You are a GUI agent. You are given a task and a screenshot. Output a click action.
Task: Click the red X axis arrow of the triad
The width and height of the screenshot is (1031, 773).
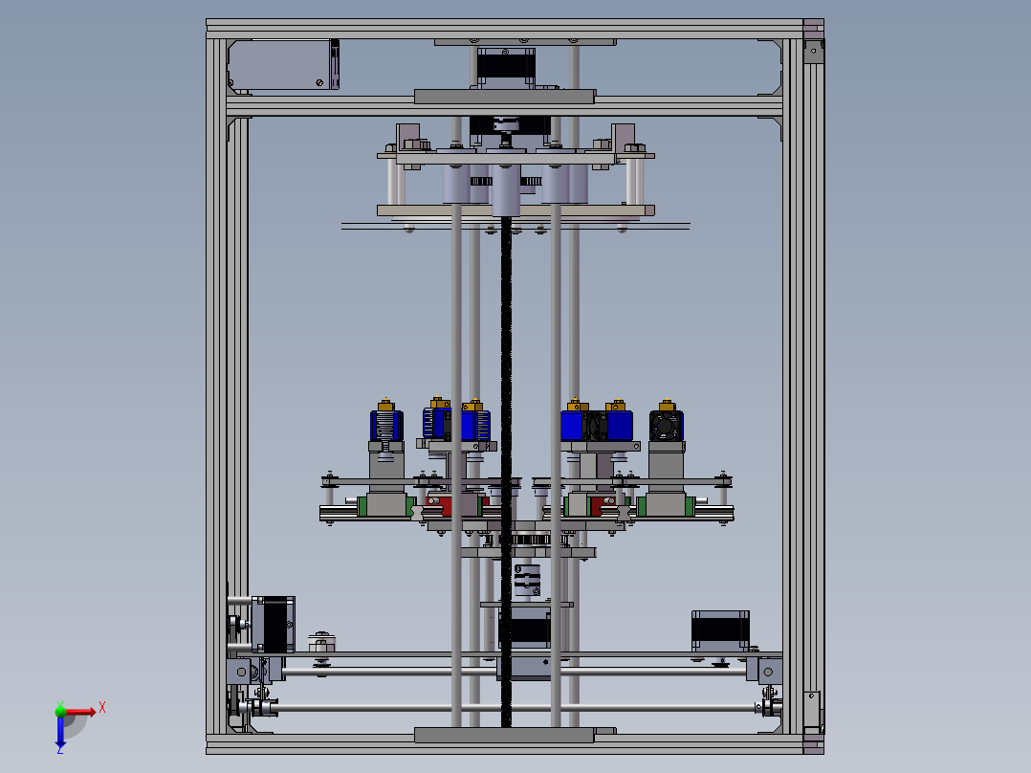(x=80, y=711)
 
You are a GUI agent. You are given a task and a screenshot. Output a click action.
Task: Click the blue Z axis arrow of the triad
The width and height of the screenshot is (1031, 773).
(x=60, y=732)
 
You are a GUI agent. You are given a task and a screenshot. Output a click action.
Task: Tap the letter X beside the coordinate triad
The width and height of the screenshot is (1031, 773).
(x=101, y=708)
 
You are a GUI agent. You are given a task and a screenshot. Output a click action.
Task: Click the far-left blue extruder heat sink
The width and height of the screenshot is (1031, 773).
(x=386, y=426)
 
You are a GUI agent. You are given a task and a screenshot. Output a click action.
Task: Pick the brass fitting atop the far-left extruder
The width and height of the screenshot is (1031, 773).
(x=385, y=403)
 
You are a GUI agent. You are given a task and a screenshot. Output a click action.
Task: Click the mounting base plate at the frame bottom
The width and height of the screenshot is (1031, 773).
(x=504, y=734)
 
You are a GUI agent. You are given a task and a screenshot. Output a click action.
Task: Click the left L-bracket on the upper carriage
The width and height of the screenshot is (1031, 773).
(x=408, y=137)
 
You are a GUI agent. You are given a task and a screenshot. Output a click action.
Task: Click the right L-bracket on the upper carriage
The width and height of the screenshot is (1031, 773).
(x=624, y=137)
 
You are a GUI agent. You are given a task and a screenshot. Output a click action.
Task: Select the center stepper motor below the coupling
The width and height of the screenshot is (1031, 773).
(x=523, y=631)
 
